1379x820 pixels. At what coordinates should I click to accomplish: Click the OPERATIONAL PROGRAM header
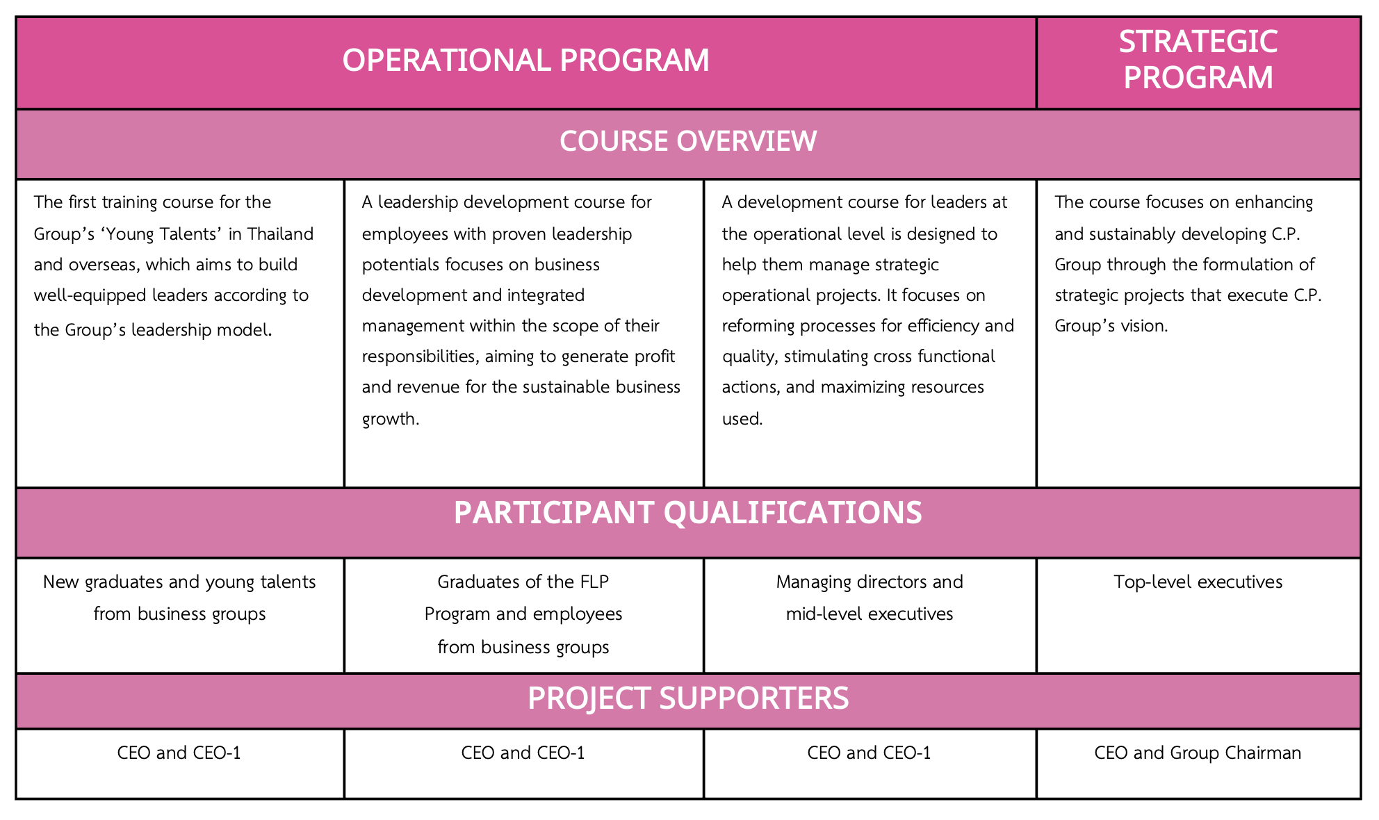click(525, 60)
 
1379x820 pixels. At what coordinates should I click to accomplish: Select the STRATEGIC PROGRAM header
click(1198, 60)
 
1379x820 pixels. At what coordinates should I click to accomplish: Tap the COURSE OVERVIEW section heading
click(687, 141)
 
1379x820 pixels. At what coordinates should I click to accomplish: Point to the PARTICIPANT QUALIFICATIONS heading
click(687, 513)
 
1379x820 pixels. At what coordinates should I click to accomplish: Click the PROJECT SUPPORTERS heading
click(687, 698)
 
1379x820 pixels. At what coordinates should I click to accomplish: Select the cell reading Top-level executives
click(1198, 582)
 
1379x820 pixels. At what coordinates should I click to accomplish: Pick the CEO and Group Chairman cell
click(1197, 753)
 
